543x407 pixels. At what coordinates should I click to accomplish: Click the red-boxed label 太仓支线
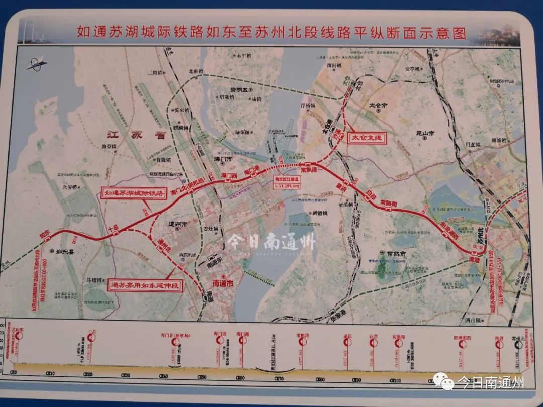367,137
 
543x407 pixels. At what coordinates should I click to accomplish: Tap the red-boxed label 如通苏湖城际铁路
133,193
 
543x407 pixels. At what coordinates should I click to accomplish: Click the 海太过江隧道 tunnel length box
287,182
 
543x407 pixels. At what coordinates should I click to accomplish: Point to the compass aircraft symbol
36,63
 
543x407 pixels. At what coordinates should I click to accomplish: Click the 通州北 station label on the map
164,247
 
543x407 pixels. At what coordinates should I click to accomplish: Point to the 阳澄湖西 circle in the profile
462,344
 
